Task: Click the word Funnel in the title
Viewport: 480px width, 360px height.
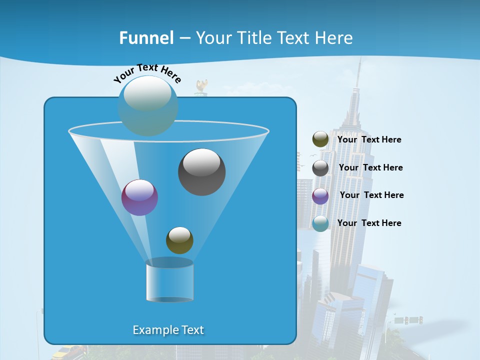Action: (x=146, y=38)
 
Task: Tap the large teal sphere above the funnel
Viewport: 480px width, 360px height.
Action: (x=148, y=105)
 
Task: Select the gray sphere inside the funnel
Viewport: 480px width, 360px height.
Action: (x=202, y=172)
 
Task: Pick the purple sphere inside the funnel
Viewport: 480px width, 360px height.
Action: (x=139, y=197)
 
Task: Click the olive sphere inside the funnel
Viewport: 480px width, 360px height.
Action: (x=179, y=240)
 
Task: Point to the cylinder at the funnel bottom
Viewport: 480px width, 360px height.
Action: (x=169, y=281)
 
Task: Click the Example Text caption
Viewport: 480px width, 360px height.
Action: (x=168, y=330)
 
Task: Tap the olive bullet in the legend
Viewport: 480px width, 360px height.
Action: (x=320, y=139)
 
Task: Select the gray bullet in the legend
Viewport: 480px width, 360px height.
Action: (x=320, y=168)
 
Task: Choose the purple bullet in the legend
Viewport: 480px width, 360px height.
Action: (x=320, y=196)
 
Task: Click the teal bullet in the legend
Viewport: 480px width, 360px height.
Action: (x=320, y=223)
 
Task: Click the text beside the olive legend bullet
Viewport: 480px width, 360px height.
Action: (x=369, y=139)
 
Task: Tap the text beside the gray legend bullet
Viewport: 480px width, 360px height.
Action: (x=370, y=167)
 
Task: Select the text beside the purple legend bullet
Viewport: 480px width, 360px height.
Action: (x=371, y=195)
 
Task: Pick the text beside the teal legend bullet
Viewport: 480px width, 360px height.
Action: (x=369, y=223)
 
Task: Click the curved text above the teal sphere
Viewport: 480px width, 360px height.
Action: (x=147, y=72)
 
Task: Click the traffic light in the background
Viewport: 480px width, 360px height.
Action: (x=413, y=319)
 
